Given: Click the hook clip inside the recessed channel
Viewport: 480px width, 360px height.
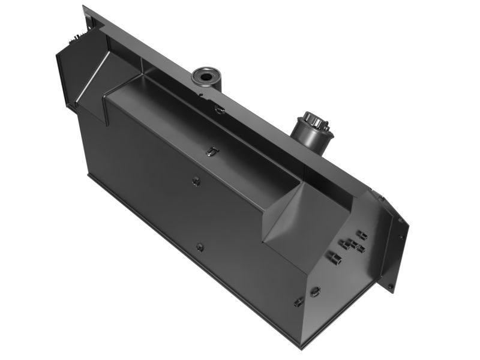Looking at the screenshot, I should [x=210, y=151].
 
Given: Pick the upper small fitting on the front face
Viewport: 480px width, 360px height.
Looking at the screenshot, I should [x=196, y=180].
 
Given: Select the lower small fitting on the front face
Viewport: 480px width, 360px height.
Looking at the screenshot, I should [x=200, y=247].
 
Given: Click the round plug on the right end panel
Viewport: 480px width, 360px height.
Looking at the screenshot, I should [x=314, y=292].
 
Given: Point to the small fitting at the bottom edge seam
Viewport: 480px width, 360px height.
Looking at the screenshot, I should [x=298, y=302].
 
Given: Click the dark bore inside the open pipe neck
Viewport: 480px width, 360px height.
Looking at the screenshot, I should [x=206, y=77].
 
